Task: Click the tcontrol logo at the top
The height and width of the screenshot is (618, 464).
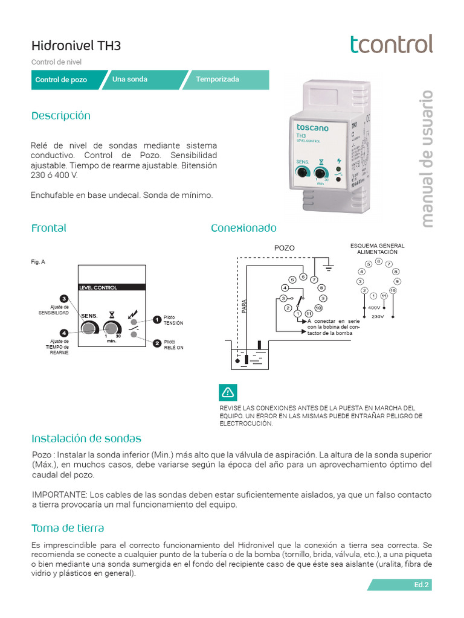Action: click(391, 44)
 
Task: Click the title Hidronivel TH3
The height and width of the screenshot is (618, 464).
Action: click(71, 46)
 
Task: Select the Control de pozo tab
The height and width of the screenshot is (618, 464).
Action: click(61, 80)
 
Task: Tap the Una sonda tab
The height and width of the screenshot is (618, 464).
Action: click(129, 80)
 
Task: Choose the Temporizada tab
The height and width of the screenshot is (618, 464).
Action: click(217, 80)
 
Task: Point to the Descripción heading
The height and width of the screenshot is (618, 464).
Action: click(60, 115)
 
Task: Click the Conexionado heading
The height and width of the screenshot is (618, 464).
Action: click(243, 228)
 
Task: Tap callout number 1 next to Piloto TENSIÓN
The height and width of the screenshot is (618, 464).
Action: click(156, 319)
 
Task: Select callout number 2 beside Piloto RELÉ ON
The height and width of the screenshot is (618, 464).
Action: click(156, 343)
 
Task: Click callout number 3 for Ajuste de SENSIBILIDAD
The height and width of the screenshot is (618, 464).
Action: click(63, 299)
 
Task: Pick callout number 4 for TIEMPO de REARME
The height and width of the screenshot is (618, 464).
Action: click(63, 333)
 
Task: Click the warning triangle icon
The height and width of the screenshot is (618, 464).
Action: click(228, 392)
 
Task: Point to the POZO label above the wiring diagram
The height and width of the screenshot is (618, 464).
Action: click(285, 248)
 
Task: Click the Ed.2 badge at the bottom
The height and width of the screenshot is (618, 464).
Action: click(420, 585)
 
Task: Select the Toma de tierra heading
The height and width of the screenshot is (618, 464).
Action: click(68, 528)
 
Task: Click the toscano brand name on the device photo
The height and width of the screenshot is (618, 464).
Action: click(312, 128)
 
